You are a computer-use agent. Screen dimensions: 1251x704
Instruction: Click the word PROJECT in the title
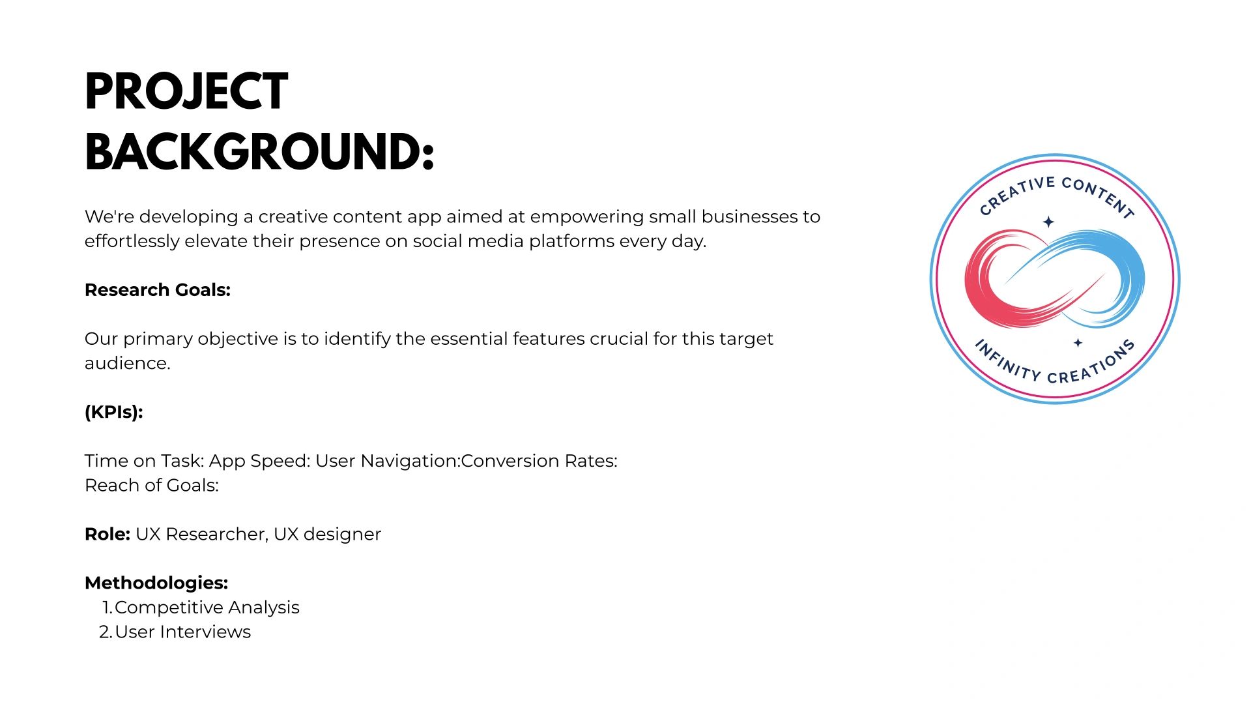pos(186,91)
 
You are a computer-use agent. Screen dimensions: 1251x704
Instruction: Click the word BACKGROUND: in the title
pos(259,152)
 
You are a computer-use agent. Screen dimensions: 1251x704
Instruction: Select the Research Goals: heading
pos(158,289)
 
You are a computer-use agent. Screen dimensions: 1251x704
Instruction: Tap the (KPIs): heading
pos(113,412)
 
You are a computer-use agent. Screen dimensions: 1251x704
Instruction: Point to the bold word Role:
pos(108,534)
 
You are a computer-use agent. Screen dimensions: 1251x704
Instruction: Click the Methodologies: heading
pos(156,583)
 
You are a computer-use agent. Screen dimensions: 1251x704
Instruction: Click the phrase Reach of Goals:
pos(152,485)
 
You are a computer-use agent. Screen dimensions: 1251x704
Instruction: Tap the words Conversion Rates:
pos(539,461)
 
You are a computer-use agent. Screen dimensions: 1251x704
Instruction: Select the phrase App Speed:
pos(259,462)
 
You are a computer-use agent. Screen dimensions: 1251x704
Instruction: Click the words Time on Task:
pos(145,461)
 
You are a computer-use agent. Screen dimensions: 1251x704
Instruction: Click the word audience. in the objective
pos(128,363)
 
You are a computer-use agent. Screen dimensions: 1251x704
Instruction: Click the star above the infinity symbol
pos(1048,222)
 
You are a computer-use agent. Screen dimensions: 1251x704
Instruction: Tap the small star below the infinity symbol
pos(1078,343)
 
